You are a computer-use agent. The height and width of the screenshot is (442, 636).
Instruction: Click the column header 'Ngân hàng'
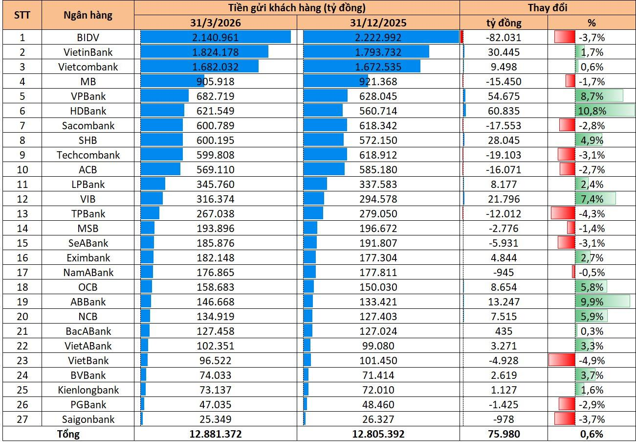click(x=88, y=15)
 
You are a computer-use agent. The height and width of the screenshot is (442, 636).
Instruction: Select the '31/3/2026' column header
click(x=216, y=23)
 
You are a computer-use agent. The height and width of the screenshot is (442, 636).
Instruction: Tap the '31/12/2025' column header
click(x=378, y=23)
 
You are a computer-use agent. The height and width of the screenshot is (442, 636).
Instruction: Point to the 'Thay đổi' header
click(x=548, y=8)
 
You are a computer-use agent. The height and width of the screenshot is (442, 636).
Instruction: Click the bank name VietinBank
click(x=88, y=52)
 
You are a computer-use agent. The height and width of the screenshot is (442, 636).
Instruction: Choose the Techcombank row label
click(x=88, y=155)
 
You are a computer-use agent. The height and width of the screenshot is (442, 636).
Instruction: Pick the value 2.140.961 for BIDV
click(x=216, y=38)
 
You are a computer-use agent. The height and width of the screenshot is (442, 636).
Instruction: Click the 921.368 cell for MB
click(x=378, y=82)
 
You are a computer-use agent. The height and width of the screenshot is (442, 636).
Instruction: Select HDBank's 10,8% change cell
click(x=592, y=111)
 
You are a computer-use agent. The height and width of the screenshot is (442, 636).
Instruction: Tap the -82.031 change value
click(x=504, y=38)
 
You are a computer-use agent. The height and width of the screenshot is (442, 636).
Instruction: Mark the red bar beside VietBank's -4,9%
click(x=562, y=360)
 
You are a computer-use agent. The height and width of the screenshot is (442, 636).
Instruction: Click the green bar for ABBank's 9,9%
click(x=602, y=302)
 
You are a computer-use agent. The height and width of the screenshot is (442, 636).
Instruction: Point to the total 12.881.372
click(x=216, y=434)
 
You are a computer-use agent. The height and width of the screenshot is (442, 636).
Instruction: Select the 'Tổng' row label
click(x=68, y=434)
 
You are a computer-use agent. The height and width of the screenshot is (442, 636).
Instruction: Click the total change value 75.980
click(x=504, y=434)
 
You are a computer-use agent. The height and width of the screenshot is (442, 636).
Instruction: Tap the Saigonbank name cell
click(x=88, y=419)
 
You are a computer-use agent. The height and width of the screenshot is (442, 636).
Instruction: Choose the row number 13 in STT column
click(x=22, y=214)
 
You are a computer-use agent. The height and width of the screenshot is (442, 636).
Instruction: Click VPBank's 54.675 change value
click(x=504, y=96)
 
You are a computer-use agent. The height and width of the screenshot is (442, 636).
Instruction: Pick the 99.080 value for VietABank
click(x=378, y=346)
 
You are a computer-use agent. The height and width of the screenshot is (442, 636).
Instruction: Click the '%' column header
click(x=592, y=23)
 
